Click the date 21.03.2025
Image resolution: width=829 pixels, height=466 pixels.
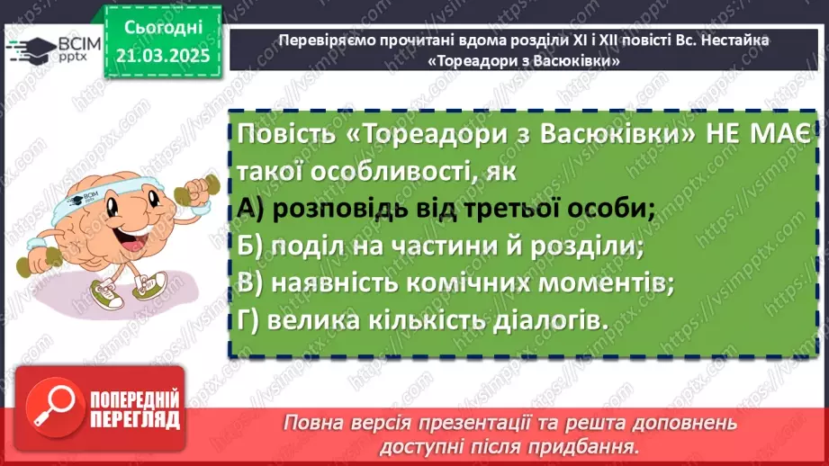[163, 56]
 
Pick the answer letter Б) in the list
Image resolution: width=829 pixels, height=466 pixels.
[251, 245]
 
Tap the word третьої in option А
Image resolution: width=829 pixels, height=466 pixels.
[478, 208]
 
